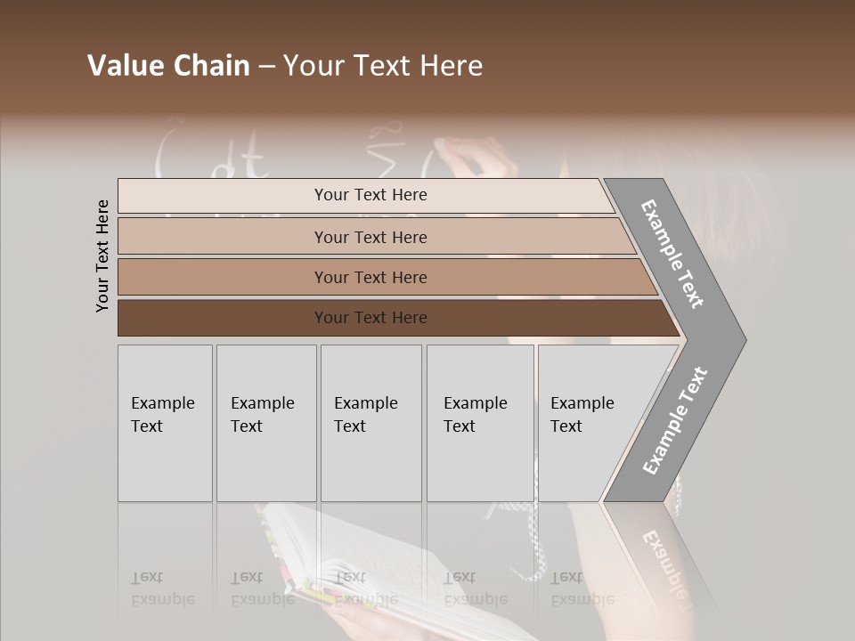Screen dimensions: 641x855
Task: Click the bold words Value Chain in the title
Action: tap(168, 66)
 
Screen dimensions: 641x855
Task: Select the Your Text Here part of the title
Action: tap(383, 66)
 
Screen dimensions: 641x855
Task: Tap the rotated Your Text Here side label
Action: tap(102, 256)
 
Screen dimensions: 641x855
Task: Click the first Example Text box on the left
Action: tap(165, 423)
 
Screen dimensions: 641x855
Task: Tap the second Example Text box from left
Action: tap(265, 423)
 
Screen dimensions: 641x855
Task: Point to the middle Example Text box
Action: tap(370, 423)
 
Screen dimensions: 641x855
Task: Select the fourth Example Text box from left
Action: tap(480, 423)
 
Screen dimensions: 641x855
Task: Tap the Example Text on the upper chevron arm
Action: tap(673, 254)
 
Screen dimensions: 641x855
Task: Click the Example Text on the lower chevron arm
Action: tap(674, 421)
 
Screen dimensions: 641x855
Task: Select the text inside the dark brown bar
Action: tap(370, 318)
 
